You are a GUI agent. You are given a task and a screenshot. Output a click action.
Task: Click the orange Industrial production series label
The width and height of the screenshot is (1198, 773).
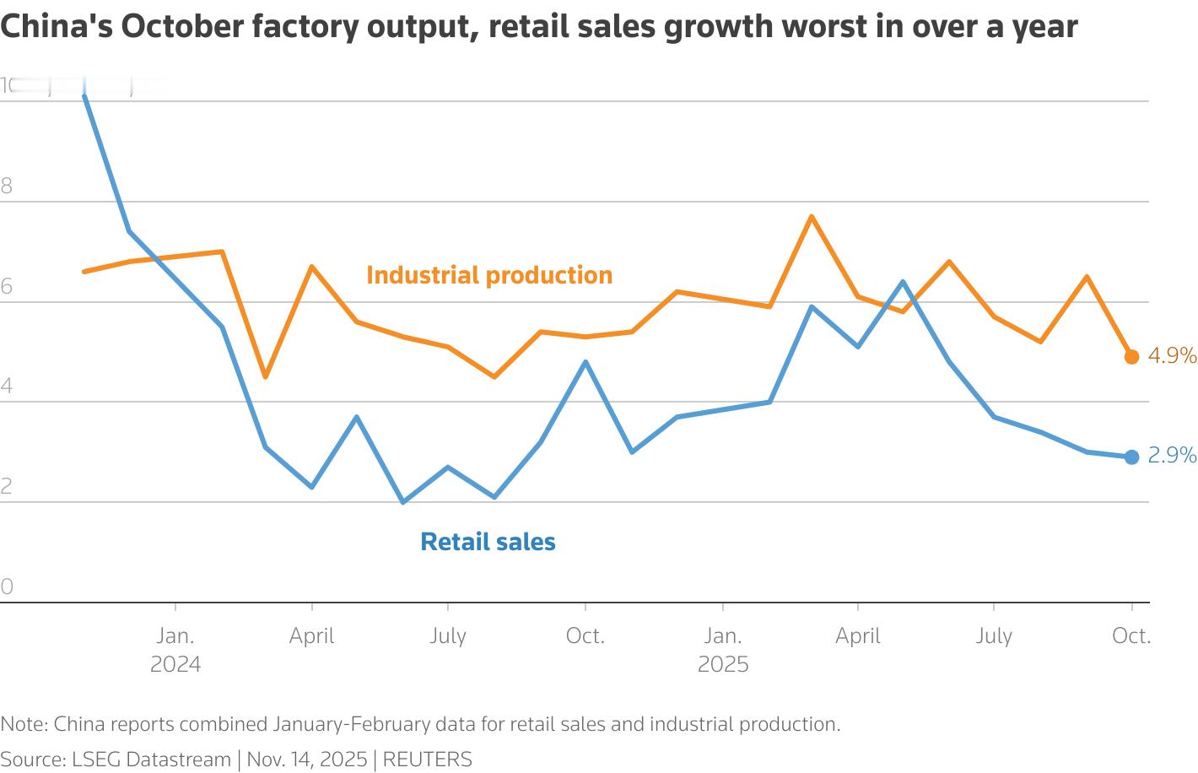pos(489,275)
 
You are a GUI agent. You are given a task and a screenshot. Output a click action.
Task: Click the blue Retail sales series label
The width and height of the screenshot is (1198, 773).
pos(488,541)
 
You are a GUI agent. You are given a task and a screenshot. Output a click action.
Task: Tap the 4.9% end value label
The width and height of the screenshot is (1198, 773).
pos(1172,356)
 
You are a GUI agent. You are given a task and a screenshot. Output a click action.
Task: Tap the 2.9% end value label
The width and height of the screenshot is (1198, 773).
pos(1172,456)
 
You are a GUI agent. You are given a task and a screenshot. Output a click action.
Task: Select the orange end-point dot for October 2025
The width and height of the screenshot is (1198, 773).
pos(1131,357)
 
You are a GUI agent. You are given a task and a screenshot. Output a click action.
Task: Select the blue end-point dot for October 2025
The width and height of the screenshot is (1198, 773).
pos(1131,457)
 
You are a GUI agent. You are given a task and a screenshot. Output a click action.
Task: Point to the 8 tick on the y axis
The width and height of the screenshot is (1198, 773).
pos(7,186)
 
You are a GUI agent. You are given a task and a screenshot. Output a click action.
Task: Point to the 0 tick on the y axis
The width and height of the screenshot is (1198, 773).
pos(7,587)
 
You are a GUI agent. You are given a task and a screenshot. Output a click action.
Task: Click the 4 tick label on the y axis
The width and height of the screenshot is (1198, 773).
pos(7,386)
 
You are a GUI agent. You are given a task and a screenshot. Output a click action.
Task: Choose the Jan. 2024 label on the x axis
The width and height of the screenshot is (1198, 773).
pos(175,649)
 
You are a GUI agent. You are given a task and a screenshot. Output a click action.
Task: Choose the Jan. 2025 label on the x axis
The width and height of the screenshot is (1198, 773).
pos(723,649)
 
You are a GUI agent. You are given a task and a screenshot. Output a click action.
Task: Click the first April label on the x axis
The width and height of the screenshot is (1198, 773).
pos(311,635)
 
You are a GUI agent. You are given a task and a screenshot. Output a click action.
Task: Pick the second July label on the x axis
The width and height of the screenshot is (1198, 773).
pos(994,635)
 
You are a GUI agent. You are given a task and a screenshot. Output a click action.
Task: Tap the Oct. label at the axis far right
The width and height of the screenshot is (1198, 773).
pos(1131,635)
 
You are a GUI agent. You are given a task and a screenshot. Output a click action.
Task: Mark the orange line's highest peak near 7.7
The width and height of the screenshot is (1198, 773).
pos(812,217)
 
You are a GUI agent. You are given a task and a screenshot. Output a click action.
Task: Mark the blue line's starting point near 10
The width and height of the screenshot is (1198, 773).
pos(84,97)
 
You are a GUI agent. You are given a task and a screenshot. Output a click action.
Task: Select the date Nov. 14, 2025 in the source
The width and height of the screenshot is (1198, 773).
pos(307,759)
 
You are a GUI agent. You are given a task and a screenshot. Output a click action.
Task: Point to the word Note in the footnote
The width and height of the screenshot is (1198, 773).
pos(24,724)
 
